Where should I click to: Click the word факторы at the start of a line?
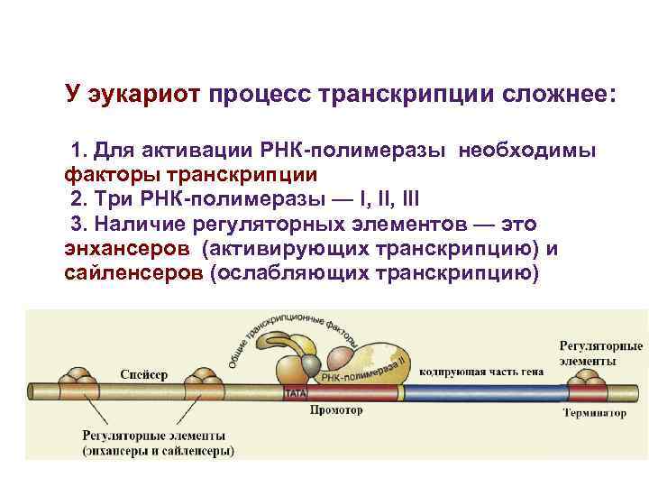click(x=106, y=173)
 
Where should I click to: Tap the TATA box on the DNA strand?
click(x=295, y=394)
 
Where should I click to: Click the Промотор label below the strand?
click(x=335, y=410)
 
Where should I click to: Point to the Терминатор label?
click(x=594, y=413)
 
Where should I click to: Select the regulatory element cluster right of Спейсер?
click(x=205, y=382)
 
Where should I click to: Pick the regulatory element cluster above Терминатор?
click(x=591, y=382)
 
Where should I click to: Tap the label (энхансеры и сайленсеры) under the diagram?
click(x=159, y=449)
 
